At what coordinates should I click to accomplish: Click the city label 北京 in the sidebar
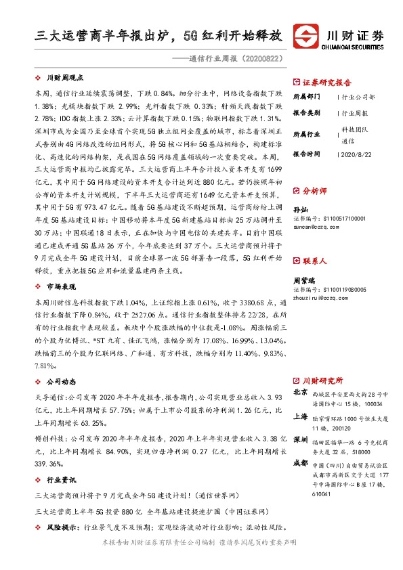300,393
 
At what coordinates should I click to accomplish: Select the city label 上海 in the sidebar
300,417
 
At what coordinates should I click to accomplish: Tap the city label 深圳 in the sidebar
300,441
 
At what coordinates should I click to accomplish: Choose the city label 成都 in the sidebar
300,465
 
